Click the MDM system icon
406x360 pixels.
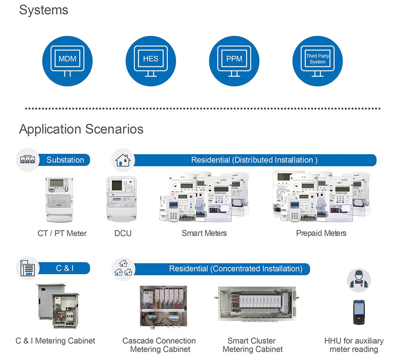coord(67,61)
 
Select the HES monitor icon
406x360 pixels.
coord(151,61)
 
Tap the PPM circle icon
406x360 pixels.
coord(234,61)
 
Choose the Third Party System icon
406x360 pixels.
coord(317,61)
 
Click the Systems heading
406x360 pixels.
coord(44,10)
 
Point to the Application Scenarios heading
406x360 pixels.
coord(81,129)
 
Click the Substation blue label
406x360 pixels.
coord(65,160)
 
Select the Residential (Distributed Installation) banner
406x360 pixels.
coord(254,160)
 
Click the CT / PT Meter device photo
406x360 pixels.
coord(60,199)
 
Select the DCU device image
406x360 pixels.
coord(121,199)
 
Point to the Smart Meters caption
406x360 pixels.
coord(204,233)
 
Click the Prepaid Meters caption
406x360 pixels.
coord(321,233)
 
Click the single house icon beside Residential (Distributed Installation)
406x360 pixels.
coord(123,161)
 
